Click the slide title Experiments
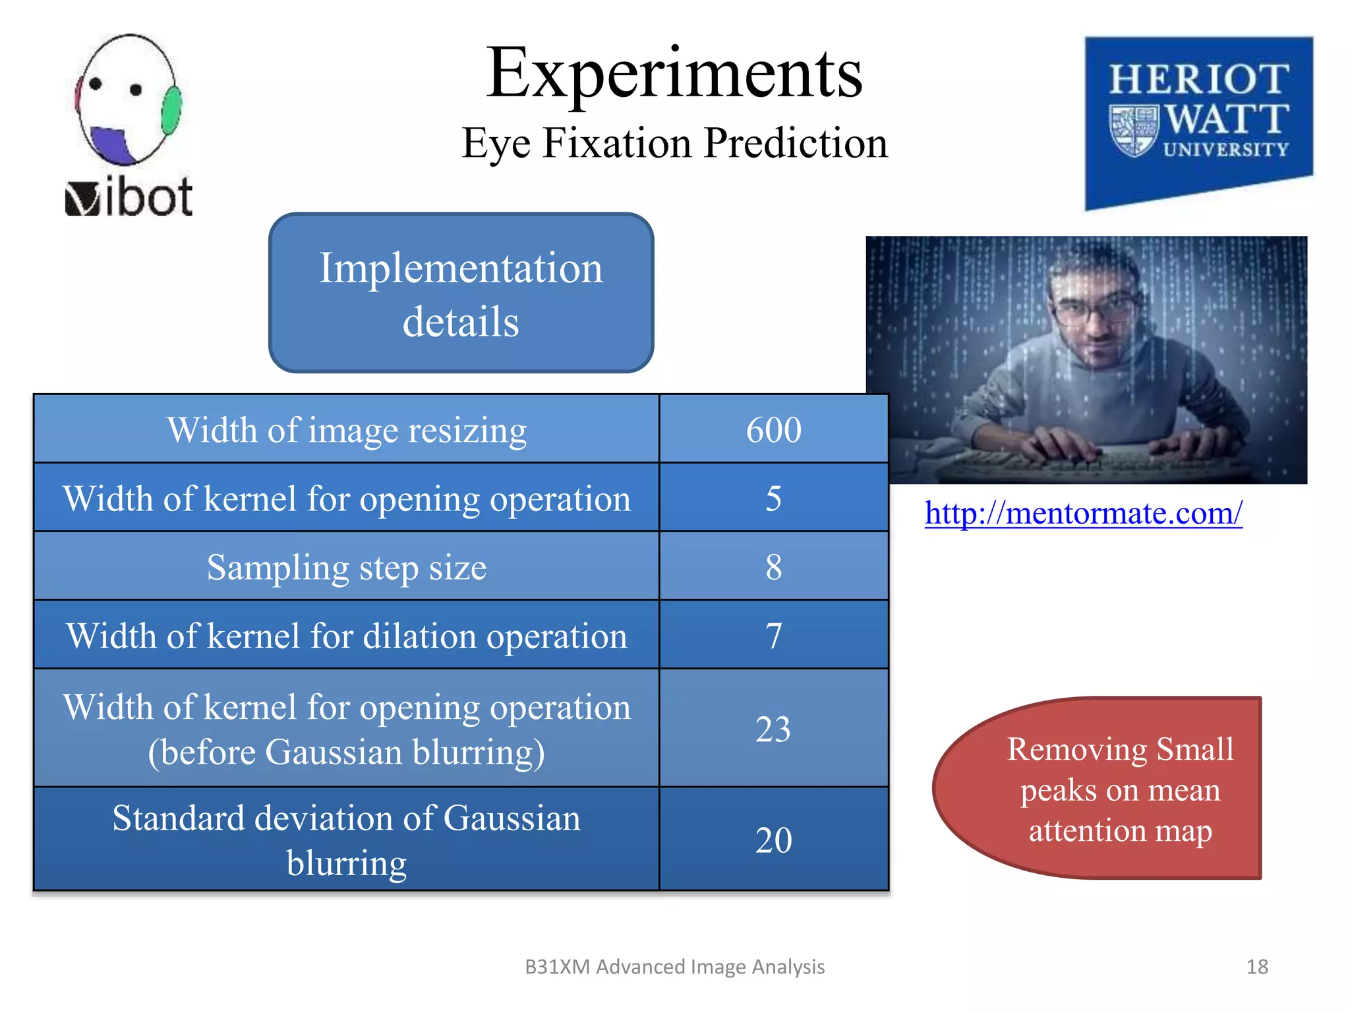(x=674, y=74)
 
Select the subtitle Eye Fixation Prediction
(x=674, y=143)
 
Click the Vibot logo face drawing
(x=127, y=99)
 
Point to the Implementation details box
(x=461, y=293)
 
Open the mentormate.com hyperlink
(x=1083, y=513)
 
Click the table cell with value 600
(x=773, y=430)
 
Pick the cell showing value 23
(x=773, y=729)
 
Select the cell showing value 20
(x=773, y=840)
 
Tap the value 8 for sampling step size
(x=773, y=567)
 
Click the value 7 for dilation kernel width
(x=773, y=636)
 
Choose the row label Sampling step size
(x=347, y=567)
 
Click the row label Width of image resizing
(x=347, y=430)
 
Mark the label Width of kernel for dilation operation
(x=347, y=636)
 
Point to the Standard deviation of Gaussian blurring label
(x=347, y=840)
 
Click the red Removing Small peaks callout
(x=1107, y=789)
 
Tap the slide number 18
(x=1257, y=967)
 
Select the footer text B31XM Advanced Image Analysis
(x=674, y=967)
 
